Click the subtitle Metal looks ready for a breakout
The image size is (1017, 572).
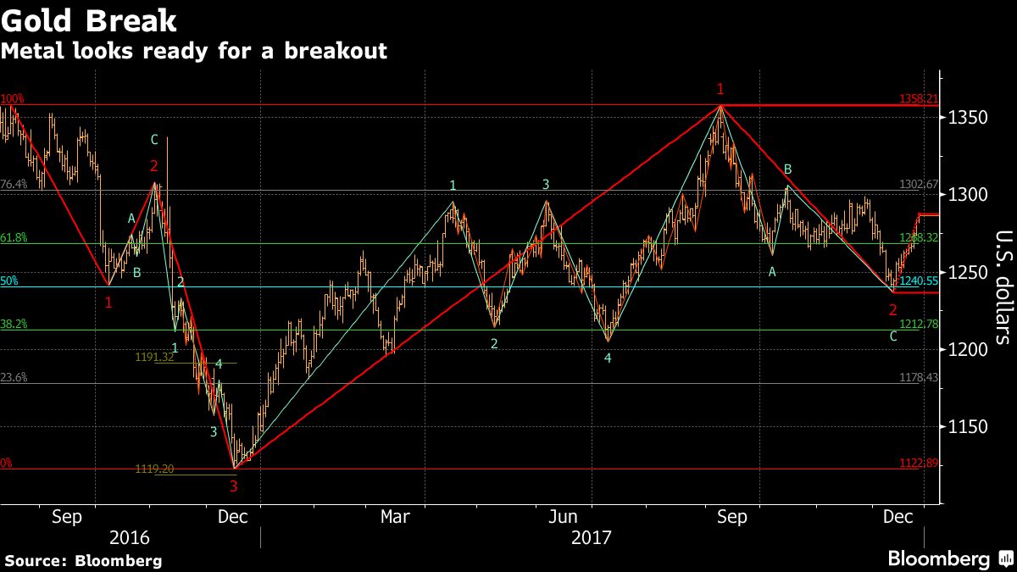point(194,51)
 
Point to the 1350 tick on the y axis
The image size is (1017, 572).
point(963,117)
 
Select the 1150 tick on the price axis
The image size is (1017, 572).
point(963,426)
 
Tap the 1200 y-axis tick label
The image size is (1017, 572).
point(963,349)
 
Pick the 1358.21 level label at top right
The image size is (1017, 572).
point(919,99)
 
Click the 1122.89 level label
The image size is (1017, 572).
point(919,463)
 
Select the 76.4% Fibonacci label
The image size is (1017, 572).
point(14,184)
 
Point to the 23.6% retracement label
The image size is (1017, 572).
point(14,378)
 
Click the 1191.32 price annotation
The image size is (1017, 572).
point(154,358)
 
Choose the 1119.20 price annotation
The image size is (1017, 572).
point(154,469)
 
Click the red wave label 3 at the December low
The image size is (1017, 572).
point(234,486)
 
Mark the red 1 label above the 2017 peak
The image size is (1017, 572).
point(720,89)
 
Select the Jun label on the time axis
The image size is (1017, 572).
point(564,517)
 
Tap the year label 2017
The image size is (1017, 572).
point(592,538)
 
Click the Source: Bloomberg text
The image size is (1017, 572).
point(83,560)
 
